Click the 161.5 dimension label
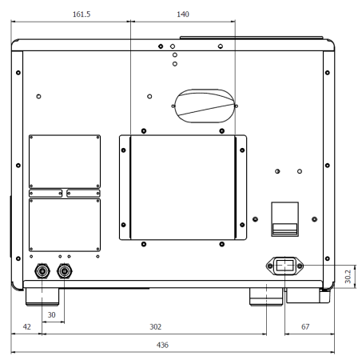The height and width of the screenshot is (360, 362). tap(70, 14)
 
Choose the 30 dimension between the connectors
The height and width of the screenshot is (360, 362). tap(52, 316)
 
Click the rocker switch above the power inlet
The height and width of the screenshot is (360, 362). tap(284, 218)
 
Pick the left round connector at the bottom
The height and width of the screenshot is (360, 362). tap(42, 272)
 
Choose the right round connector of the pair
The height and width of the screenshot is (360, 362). tap(65, 272)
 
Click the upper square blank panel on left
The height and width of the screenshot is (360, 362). tap(65, 160)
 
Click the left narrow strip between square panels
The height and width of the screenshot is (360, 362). tap(46, 192)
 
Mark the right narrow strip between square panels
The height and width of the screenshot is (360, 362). tap(83, 192)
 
